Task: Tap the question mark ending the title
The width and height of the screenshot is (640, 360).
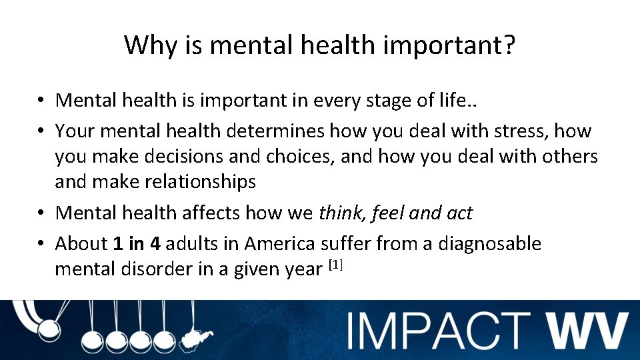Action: tap(509, 45)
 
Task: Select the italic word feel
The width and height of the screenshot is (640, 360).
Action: tap(388, 213)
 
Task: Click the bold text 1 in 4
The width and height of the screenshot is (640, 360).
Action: tap(137, 244)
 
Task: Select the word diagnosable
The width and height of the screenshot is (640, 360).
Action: tap(489, 244)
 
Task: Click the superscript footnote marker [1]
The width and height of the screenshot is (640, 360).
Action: tap(336, 265)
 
